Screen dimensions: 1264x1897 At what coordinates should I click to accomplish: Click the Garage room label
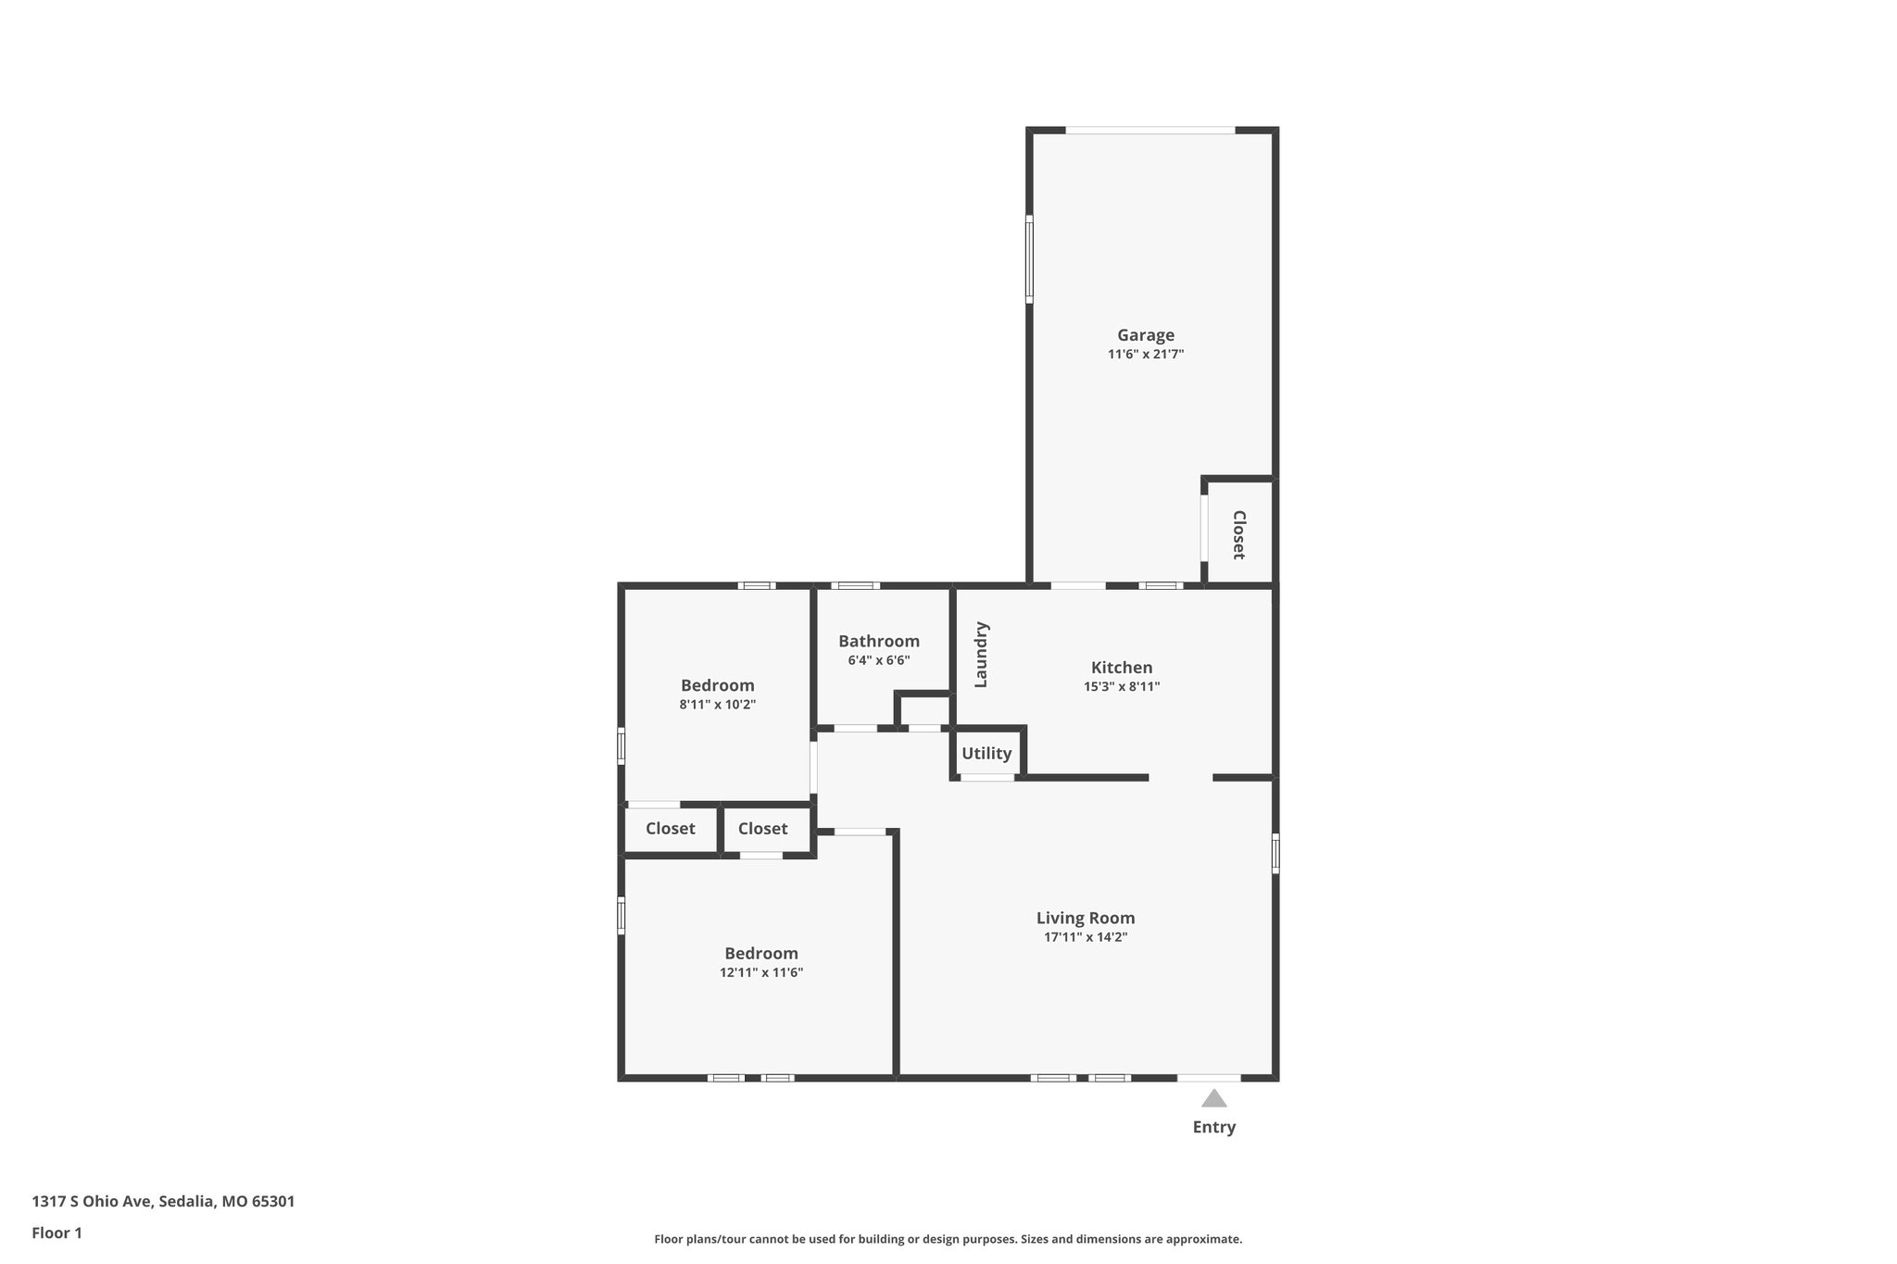1145,335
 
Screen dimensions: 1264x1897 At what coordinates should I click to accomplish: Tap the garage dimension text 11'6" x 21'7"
1145,354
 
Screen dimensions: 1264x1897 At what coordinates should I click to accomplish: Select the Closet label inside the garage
1238,534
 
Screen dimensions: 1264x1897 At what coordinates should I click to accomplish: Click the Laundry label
982,655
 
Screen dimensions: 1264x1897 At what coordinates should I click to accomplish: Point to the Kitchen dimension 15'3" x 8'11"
1122,687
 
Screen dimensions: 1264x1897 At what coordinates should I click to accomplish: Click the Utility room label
986,753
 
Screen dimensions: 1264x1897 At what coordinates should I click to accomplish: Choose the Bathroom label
878,641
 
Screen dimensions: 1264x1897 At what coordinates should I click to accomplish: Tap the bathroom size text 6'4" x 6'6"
878,660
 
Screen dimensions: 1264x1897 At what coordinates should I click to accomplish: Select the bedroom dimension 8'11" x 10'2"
717,705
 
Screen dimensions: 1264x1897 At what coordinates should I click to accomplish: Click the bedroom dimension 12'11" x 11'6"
760,972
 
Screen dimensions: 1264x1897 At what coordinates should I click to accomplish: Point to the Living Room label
1085,918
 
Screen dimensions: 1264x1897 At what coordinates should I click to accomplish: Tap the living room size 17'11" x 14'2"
1085,937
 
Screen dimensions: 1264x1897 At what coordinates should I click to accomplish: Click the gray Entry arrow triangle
1213,1099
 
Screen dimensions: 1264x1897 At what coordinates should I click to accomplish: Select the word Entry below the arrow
1213,1127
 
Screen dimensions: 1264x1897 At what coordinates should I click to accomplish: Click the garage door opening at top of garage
1150,131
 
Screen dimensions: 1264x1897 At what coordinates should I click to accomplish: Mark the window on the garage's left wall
1029,259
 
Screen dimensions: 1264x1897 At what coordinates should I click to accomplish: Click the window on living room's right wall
1275,853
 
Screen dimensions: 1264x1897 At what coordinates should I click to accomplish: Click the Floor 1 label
57,1233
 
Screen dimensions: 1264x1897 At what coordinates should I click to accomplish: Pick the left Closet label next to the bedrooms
670,829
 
